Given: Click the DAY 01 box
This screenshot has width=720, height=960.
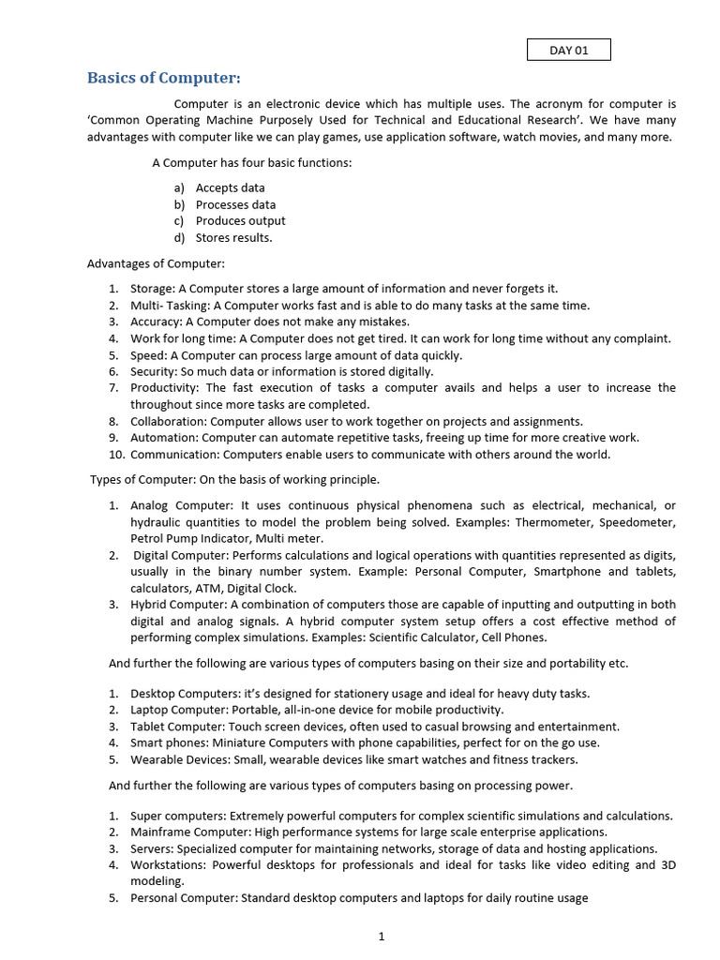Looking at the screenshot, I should point(568,50).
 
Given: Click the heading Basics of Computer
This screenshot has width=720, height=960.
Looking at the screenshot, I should point(164,78).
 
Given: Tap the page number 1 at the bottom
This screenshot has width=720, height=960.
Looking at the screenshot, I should point(382,936).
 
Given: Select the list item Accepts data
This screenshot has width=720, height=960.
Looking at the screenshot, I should point(230,187).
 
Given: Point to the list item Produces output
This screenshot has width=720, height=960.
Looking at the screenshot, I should point(240,221).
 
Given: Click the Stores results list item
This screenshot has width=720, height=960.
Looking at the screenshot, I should point(233,238).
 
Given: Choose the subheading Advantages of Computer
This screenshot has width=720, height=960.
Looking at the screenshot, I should point(156,263).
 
